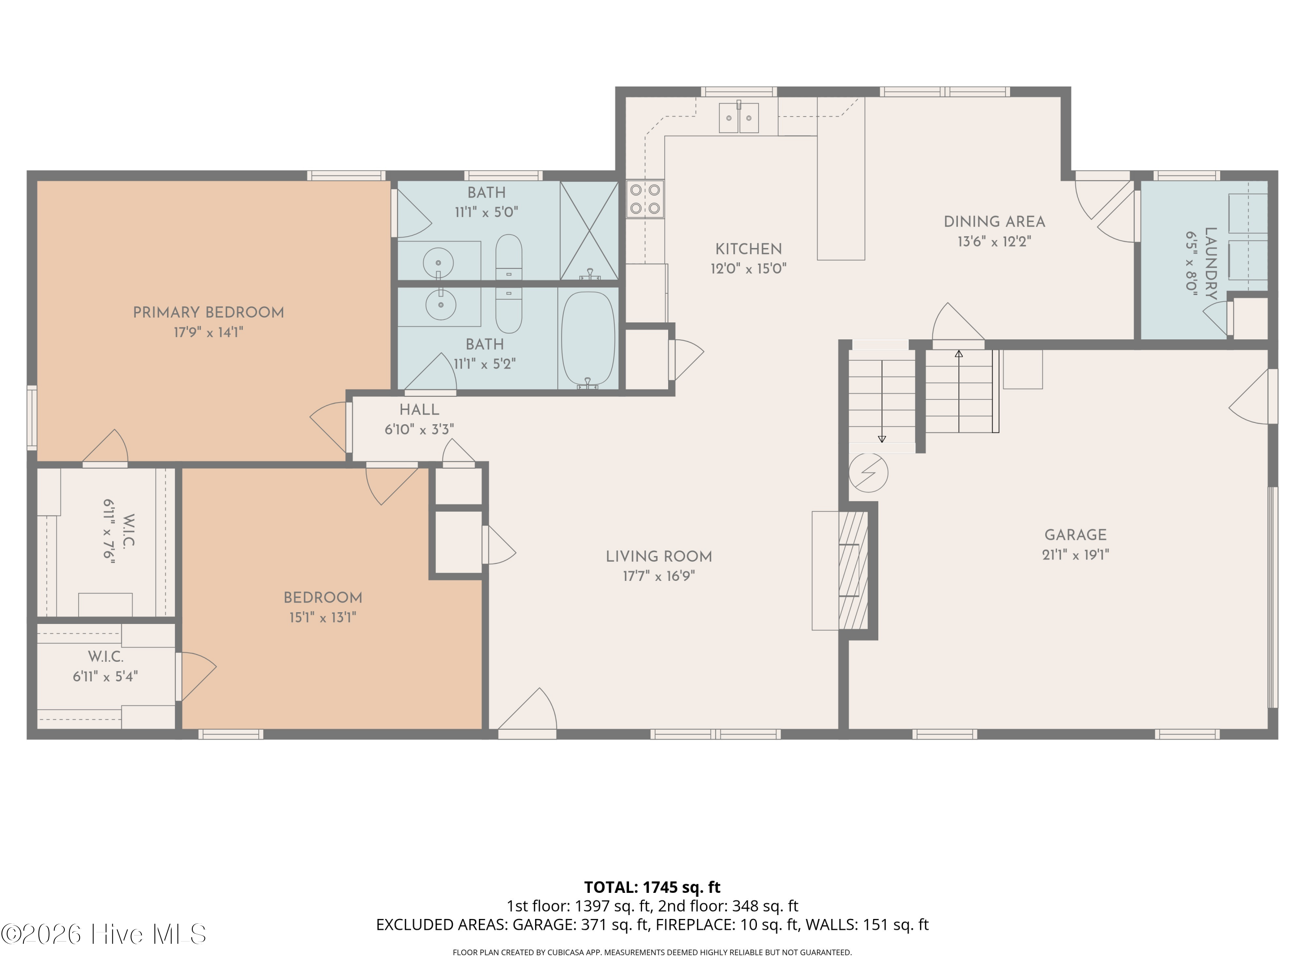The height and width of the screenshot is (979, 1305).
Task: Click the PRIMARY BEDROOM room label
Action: coord(208,313)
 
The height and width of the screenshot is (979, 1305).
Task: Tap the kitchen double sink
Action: coord(739,117)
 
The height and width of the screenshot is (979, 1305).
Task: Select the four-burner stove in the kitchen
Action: coord(645,199)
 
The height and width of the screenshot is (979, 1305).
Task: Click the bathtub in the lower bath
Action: coord(588,339)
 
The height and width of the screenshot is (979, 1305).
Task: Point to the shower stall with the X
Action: coord(589,230)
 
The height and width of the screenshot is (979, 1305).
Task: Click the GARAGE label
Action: coord(1075,535)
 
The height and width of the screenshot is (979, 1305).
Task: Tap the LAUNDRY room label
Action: coord(1210,264)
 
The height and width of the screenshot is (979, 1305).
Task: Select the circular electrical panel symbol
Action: coord(868,472)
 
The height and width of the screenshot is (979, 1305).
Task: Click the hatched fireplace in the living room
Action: coord(853,570)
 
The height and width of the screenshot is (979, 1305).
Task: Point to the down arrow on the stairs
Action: coord(882,401)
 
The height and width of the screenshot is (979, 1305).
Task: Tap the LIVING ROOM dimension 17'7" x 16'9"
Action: coord(659,576)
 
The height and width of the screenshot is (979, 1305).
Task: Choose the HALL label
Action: coord(419,409)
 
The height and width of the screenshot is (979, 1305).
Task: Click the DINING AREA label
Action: coord(995,222)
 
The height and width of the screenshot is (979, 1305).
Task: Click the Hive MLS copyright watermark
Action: coord(104,934)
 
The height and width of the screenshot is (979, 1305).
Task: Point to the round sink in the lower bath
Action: coord(439,305)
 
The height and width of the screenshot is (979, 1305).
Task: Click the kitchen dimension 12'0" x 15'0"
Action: coord(749,268)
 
